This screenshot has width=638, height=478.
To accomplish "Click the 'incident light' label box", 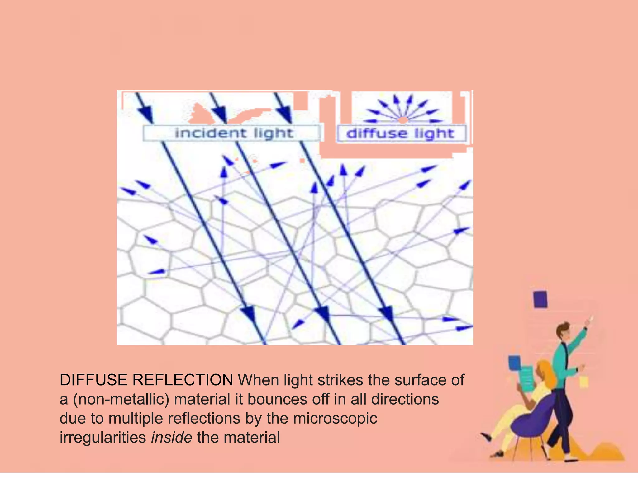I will click(x=232, y=133).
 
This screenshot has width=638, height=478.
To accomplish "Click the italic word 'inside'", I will click(x=171, y=437).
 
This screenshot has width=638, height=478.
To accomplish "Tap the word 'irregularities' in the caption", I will click(x=103, y=437).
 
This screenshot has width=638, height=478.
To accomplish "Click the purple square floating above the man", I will click(x=540, y=299).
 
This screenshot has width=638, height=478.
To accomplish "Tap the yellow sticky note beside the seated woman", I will click(x=584, y=382).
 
